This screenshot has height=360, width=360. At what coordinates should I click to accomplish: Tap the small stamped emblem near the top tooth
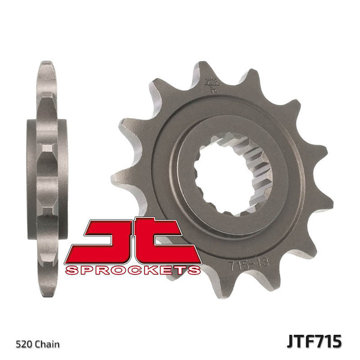coord(210,85)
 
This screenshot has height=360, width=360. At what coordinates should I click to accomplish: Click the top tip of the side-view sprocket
coord(47,64)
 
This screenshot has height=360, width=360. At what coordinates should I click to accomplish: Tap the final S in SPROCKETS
coord(193,270)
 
